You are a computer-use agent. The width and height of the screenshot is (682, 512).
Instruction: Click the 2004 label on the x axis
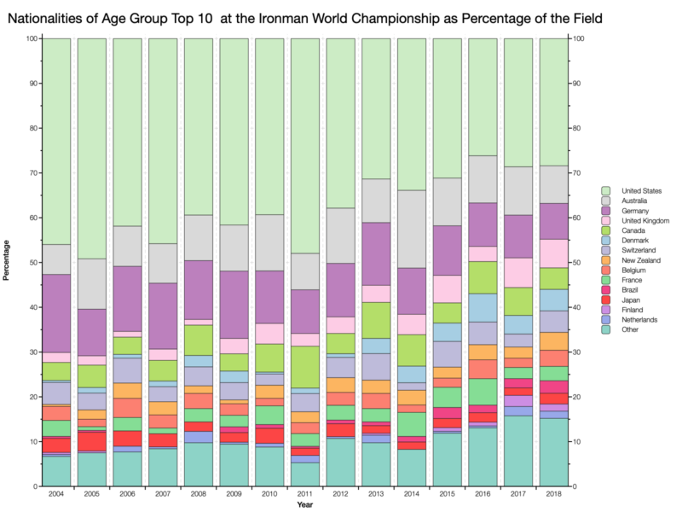tap(55, 496)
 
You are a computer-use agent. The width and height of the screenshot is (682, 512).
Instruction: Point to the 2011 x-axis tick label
tap(304, 496)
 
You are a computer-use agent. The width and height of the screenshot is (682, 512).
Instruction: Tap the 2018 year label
tap(553, 496)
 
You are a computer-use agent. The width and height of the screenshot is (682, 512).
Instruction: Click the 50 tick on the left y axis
tap(32, 263)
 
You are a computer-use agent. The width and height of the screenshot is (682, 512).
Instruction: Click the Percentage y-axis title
tap(8, 262)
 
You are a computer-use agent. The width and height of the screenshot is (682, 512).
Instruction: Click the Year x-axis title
tap(304, 505)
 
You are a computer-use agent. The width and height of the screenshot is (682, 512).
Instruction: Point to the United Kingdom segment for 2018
tap(553, 253)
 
